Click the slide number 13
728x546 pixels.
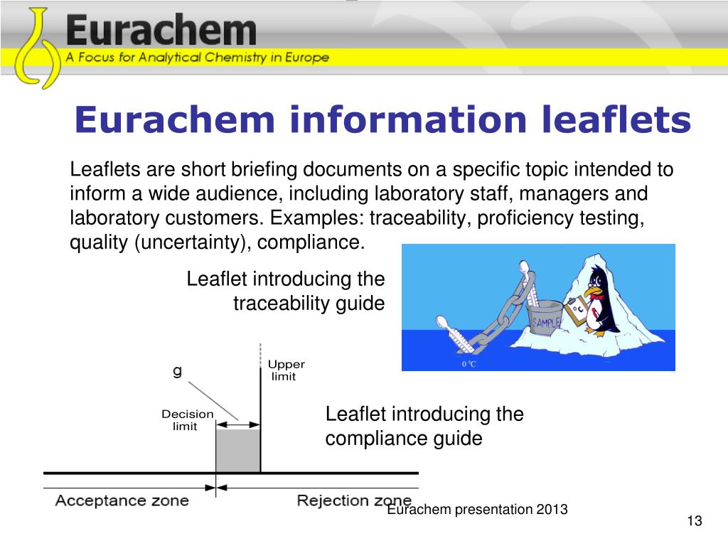coord(695,522)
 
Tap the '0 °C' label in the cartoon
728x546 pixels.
coord(469,363)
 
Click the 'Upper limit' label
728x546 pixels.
coord(286,370)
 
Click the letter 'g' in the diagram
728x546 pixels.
coord(177,370)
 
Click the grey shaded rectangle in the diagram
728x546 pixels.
coord(238,451)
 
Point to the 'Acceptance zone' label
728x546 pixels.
coord(122,500)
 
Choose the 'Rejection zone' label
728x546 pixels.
coord(353,500)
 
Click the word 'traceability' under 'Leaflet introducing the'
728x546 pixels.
coord(278,304)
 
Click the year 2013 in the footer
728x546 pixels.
coord(552,509)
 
